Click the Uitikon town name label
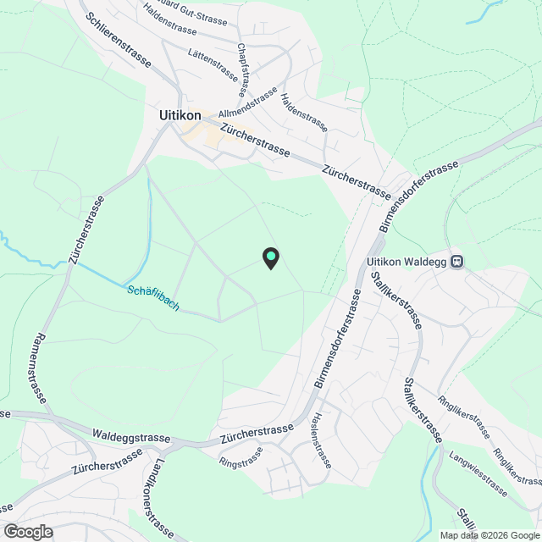pyautogui.click(x=180, y=114)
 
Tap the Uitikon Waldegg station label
pyautogui.click(x=407, y=262)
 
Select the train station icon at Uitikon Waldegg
pyautogui.click(x=457, y=262)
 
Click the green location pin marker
pyautogui.click(x=270, y=257)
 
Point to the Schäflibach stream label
pyautogui.click(x=153, y=297)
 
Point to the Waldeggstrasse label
pyautogui.click(x=131, y=435)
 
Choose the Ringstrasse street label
pyautogui.click(x=241, y=462)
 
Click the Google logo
pyautogui.click(x=27, y=532)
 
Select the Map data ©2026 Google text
pyautogui.click(x=489, y=535)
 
